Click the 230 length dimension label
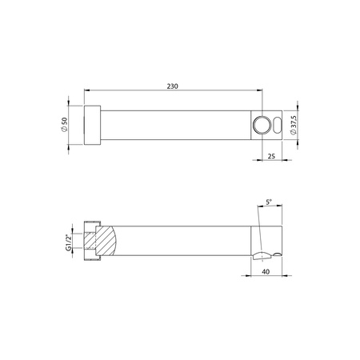point(173,86)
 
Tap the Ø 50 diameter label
point(65,125)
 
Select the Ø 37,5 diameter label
point(293,125)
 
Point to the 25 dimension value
point(271,156)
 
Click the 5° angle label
point(269,202)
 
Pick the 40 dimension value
point(266,271)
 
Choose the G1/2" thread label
point(69,241)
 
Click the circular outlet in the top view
point(262,125)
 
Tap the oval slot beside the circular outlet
point(277,125)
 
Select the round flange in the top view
point(92,125)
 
